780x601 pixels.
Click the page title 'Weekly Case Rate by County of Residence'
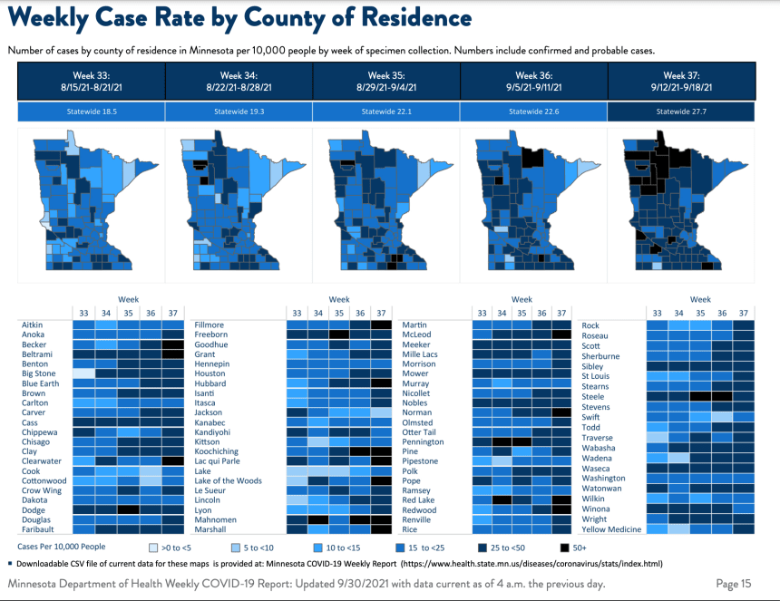(x=239, y=19)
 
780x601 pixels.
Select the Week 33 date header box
(x=92, y=82)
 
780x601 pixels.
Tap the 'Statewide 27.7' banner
(x=680, y=111)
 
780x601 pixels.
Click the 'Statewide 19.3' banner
(x=239, y=111)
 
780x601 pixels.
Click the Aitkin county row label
(x=33, y=325)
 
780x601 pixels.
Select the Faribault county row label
(x=37, y=529)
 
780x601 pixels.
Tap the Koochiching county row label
(x=216, y=451)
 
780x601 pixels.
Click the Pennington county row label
(x=423, y=441)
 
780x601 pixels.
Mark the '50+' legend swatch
(x=565, y=548)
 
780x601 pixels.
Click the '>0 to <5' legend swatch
(x=152, y=548)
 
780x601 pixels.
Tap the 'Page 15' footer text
(x=734, y=584)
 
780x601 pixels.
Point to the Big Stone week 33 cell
(x=83, y=373)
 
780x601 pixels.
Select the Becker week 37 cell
(x=172, y=344)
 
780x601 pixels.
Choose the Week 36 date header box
(x=532, y=82)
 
